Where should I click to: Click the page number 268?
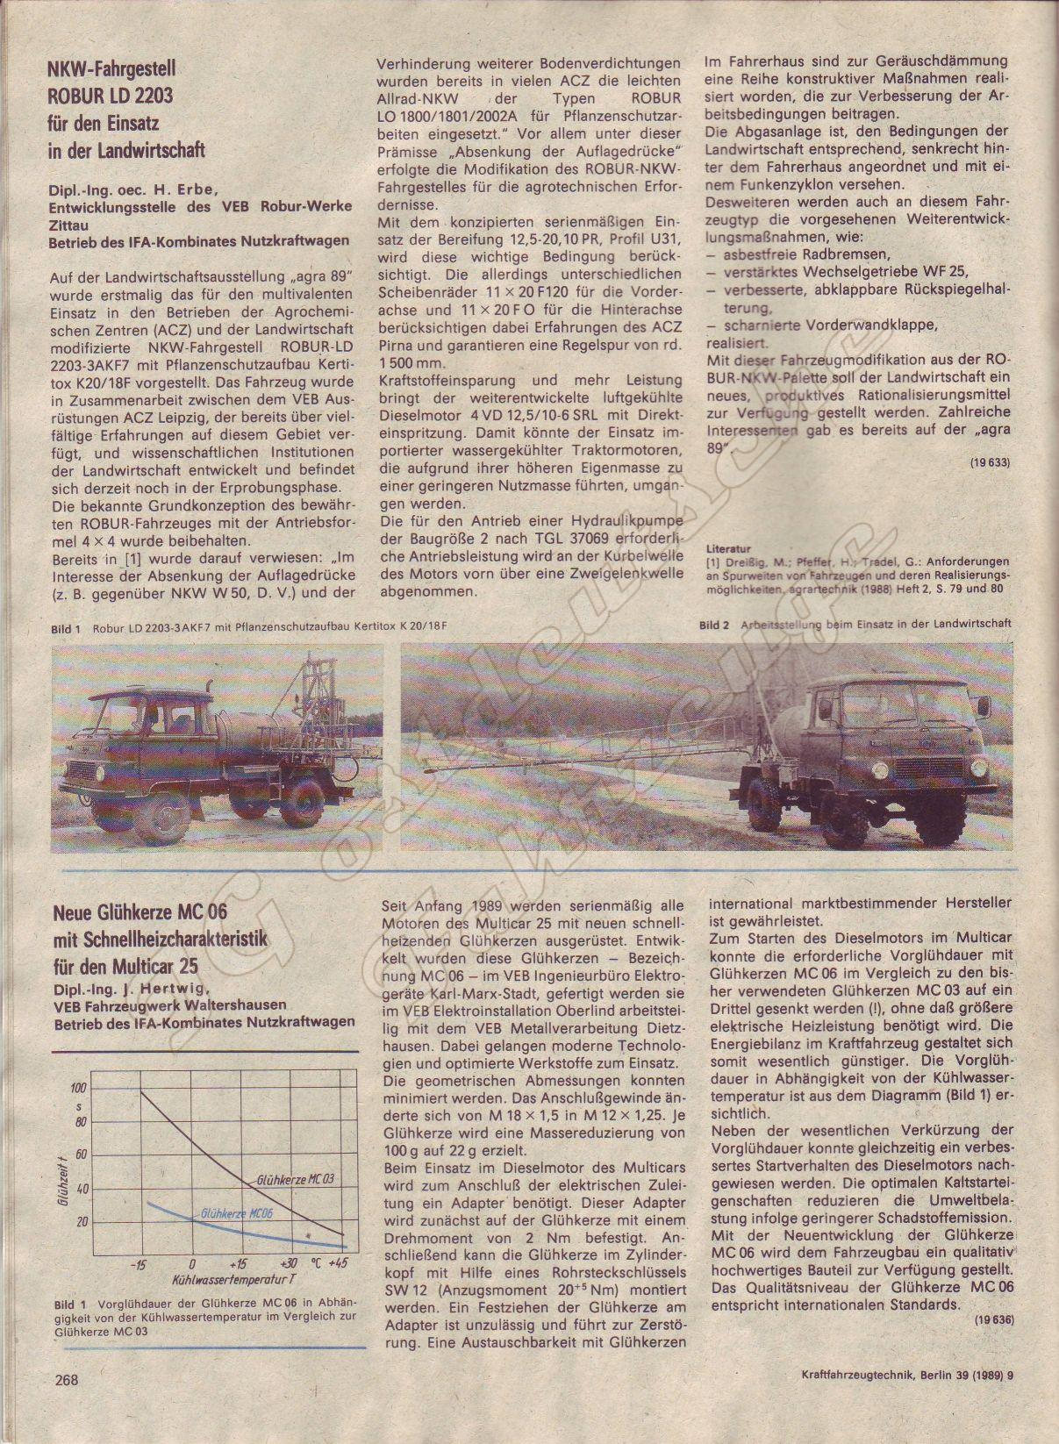click(x=66, y=1380)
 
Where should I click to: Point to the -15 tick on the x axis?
click(x=138, y=1264)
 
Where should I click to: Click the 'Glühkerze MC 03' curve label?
click(x=296, y=1179)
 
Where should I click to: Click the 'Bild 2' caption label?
click(x=714, y=625)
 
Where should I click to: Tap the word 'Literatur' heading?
click(x=728, y=548)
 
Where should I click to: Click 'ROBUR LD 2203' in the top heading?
click(x=111, y=95)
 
